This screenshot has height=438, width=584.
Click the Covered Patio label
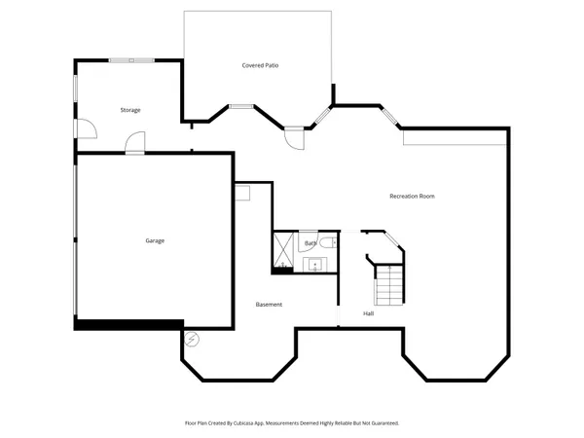[x=261, y=65]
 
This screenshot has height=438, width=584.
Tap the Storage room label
[x=130, y=110]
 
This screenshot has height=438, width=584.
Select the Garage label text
[x=154, y=239]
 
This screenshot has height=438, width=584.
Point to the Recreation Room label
[x=412, y=197]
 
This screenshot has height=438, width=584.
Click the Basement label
[x=269, y=305]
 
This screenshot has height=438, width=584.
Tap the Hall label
[x=369, y=313]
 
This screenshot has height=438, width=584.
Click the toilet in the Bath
[x=328, y=243]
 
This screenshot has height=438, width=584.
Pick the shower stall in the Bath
[x=284, y=249]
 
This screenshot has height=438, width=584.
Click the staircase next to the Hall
[x=389, y=284]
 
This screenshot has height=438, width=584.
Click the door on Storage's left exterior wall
[x=85, y=127]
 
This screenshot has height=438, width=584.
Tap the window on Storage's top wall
[x=130, y=60]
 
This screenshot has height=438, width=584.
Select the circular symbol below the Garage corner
[x=191, y=340]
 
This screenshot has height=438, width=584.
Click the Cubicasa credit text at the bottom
[x=292, y=423]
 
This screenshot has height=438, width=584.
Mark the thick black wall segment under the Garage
[x=128, y=324]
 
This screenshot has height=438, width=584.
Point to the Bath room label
[x=310, y=242]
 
